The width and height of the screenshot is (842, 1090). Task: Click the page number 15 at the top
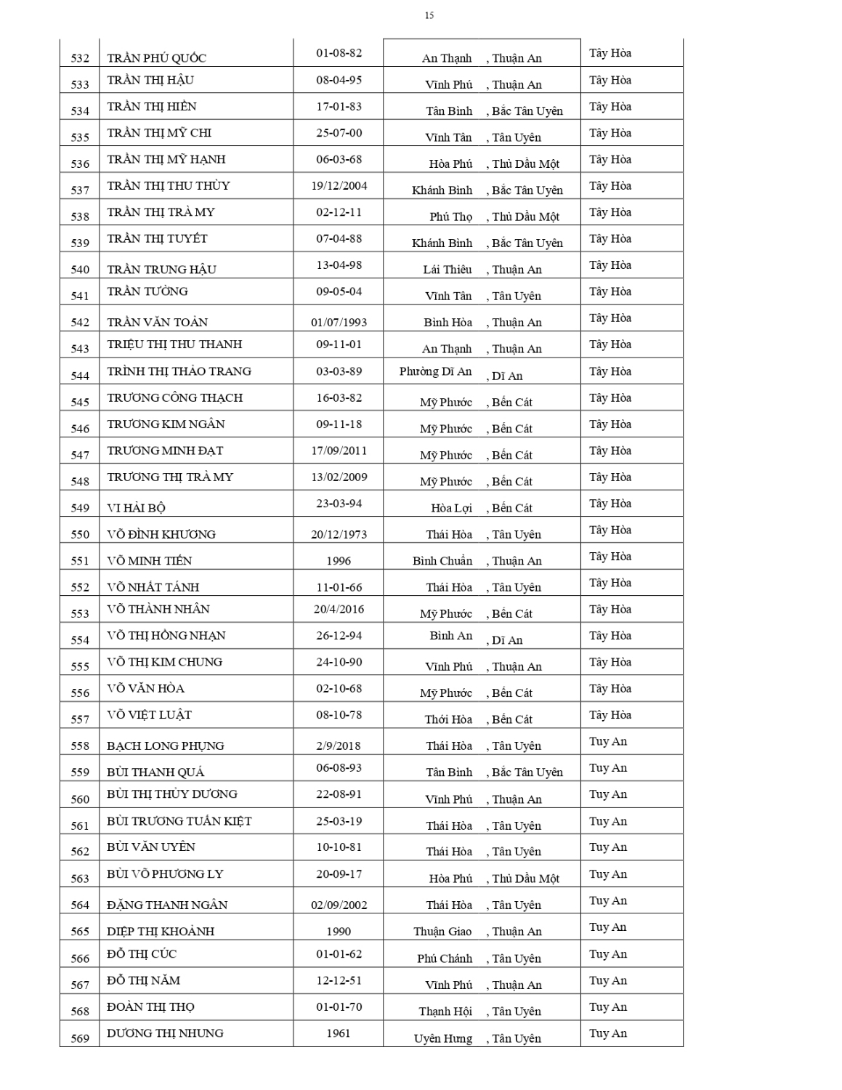[x=429, y=15]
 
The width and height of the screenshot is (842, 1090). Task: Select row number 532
[x=80, y=58]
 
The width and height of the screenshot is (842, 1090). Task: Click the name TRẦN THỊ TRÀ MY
[x=161, y=212]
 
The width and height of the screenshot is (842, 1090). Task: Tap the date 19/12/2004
[x=339, y=186]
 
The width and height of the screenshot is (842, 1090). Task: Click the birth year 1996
[x=339, y=560]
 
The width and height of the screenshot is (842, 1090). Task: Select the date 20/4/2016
[x=339, y=609]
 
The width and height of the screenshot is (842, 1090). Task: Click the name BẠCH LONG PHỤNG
[x=165, y=746]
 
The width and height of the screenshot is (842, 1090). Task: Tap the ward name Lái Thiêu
[x=447, y=270]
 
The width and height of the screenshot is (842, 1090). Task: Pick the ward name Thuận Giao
[x=442, y=932]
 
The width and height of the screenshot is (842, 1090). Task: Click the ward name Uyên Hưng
[x=442, y=1038]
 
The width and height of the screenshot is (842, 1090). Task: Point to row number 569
[x=80, y=1038]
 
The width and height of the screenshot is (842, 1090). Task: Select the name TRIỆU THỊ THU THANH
[x=174, y=344]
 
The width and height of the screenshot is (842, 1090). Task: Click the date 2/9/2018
[x=339, y=746]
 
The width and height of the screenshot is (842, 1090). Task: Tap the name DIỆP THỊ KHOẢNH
[x=161, y=932]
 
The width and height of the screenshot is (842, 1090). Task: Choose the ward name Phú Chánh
[x=444, y=958]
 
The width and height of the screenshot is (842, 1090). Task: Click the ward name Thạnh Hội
[x=445, y=1012]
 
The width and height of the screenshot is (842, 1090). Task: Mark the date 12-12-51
[x=339, y=980]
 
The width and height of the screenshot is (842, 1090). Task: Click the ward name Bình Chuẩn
[x=442, y=561]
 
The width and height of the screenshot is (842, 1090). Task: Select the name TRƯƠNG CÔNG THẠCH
[x=174, y=397]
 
